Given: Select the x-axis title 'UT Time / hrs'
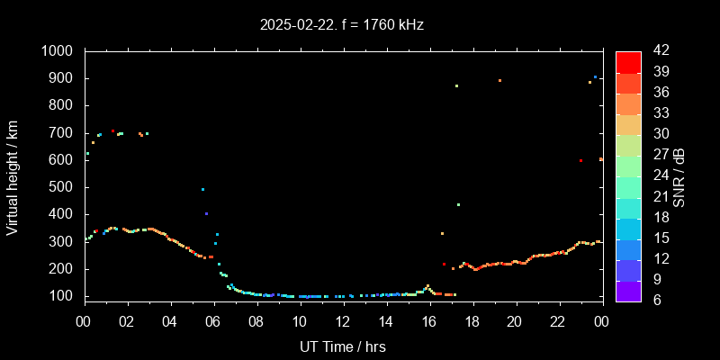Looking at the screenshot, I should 342,346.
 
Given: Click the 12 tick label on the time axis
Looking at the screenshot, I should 342,321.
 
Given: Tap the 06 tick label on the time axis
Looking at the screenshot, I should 213,321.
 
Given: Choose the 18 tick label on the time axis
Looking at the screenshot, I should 472,321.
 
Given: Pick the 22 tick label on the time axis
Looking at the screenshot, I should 558,321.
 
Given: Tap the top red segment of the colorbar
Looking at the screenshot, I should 628,61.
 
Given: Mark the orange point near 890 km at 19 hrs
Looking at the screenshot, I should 499,81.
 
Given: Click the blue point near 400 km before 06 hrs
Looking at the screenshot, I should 206,213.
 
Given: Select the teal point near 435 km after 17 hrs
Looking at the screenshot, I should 458,204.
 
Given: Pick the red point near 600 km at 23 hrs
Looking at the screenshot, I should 580,160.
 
